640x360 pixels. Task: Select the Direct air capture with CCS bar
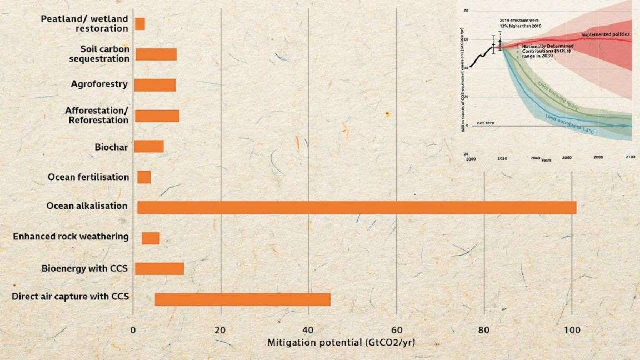(x=242, y=299)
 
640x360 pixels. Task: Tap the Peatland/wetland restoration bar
(x=139, y=24)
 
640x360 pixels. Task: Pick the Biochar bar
(x=149, y=146)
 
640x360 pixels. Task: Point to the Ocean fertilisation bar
(x=144, y=177)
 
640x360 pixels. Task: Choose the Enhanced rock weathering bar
(x=151, y=238)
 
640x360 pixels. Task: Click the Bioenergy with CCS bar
(x=159, y=268)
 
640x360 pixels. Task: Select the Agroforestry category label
(x=99, y=84)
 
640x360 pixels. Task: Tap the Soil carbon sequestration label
(x=99, y=54)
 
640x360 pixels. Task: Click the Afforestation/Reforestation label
(x=97, y=115)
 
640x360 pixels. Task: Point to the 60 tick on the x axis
(x=396, y=330)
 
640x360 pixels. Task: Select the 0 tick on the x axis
(x=133, y=330)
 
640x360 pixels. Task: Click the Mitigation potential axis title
(x=341, y=342)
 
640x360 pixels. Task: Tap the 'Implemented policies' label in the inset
(x=605, y=35)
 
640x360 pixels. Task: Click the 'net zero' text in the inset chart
(x=485, y=122)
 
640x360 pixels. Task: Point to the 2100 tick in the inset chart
(x=629, y=158)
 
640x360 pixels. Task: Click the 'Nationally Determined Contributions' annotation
(x=548, y=51)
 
